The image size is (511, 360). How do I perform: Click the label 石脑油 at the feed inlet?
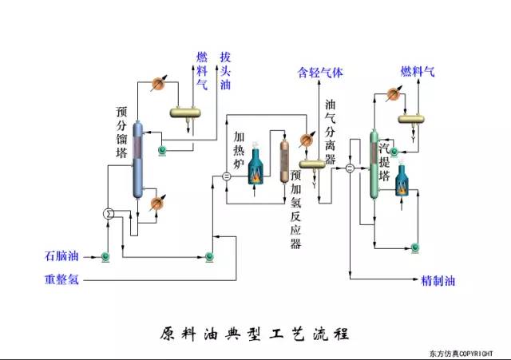click(62, 256)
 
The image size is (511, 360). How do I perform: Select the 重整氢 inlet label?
click(62, 280)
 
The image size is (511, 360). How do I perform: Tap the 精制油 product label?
click(438, 280)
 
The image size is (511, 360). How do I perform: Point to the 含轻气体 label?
click(319, 73)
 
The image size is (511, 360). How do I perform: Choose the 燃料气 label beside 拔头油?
click(202, 71)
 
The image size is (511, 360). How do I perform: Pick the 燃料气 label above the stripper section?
click(418, 73)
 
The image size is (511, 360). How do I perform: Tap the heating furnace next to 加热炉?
click(255, 167)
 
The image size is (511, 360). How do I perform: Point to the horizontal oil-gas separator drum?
click(311, 163)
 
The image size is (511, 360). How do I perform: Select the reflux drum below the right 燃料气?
click(413, 119)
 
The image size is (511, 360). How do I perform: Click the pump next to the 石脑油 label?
click(104, 256)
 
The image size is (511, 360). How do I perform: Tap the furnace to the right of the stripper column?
click(398, 183)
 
